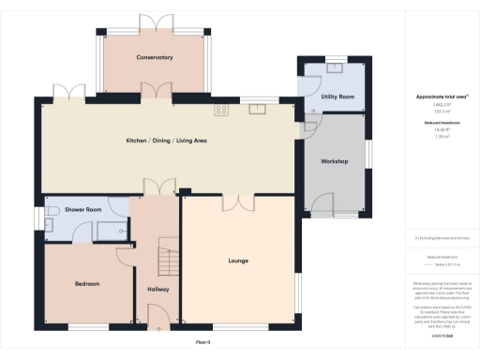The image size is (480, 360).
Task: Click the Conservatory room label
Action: click(x=154, y=58)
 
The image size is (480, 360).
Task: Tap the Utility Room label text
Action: click(x=337, y=97)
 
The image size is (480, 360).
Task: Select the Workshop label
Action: click(x=335, y=162)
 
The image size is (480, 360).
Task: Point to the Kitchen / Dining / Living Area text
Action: click(x=166, y=141)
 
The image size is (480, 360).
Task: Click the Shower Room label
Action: click(x=82, y=210)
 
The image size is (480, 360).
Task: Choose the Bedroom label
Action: click(x=87, y=283)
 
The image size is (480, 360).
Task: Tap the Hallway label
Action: click(x=157, y=290)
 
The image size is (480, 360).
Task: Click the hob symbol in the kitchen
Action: click(x=222, y=110)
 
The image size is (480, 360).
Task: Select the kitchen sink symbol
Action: click(x=256, y=109)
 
